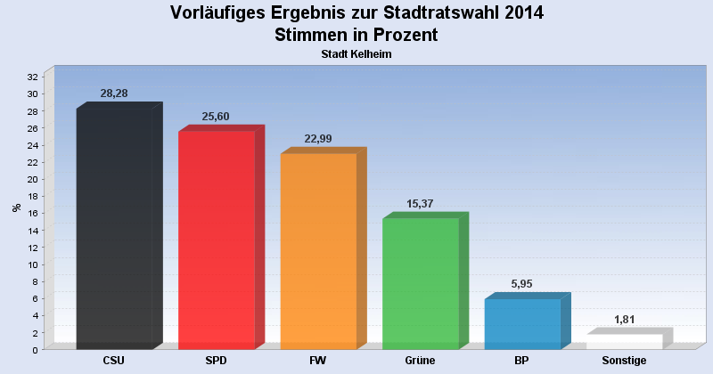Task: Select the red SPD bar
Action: click(217, 240)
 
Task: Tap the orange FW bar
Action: click(318, 251)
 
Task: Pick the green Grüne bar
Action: click(420, 283)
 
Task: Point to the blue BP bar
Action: click(522, 324)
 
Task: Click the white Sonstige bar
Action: click(624, 342)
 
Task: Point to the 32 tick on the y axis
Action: click(33, 77)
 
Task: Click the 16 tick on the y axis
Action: click(33, 213)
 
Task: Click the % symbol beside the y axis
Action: click(15, 207)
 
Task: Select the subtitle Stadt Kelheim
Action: click(356, 54)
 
